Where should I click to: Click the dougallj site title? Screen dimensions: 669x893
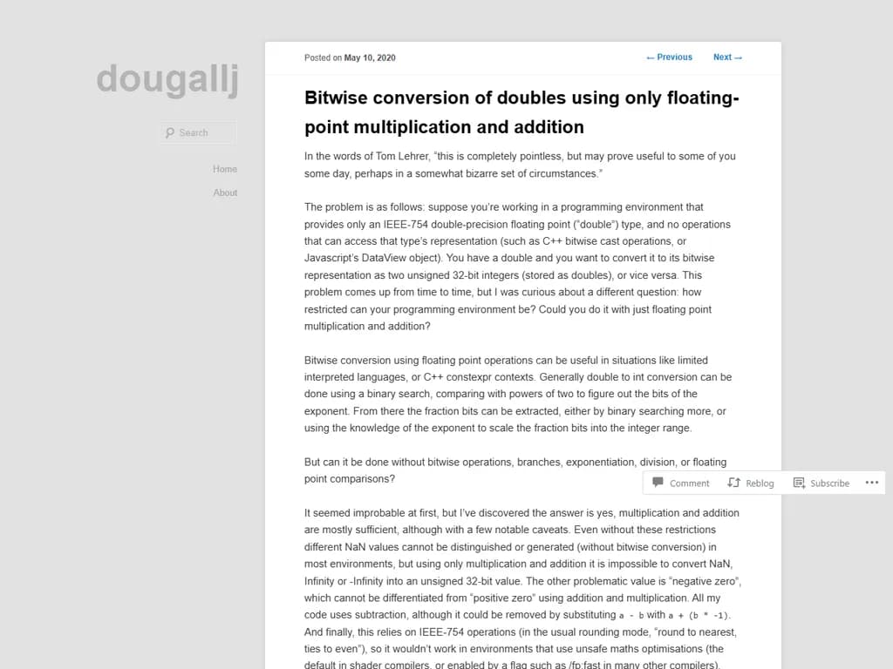pyautogui.click(x=167, y=79)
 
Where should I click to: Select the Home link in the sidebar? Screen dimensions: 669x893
pyautogui.click(x=225, y=169)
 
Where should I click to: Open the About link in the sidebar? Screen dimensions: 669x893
pyautogui.click(x=225, y=193)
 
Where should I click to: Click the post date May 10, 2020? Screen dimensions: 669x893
pyautogui.click(x=370, y=57)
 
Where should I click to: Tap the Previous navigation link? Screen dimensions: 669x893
pyautogui.click(x=669, y=57)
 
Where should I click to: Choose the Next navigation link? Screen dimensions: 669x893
pyautogui.click(x=727, y=57)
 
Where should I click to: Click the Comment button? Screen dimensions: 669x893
pyautogui.click(x=681, y=483)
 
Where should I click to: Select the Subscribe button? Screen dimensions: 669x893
pyautogui.click(x=821, y=483)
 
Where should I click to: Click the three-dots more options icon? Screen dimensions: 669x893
pyautogui.click(x=872, y=483)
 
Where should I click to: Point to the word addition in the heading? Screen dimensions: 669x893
pyautogui.click(x=548, y=127)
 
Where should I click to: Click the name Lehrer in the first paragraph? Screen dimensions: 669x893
pyautogui.click(x=415, y=157)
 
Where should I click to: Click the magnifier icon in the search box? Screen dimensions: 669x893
pyautogui.click(x=170, y=133)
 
